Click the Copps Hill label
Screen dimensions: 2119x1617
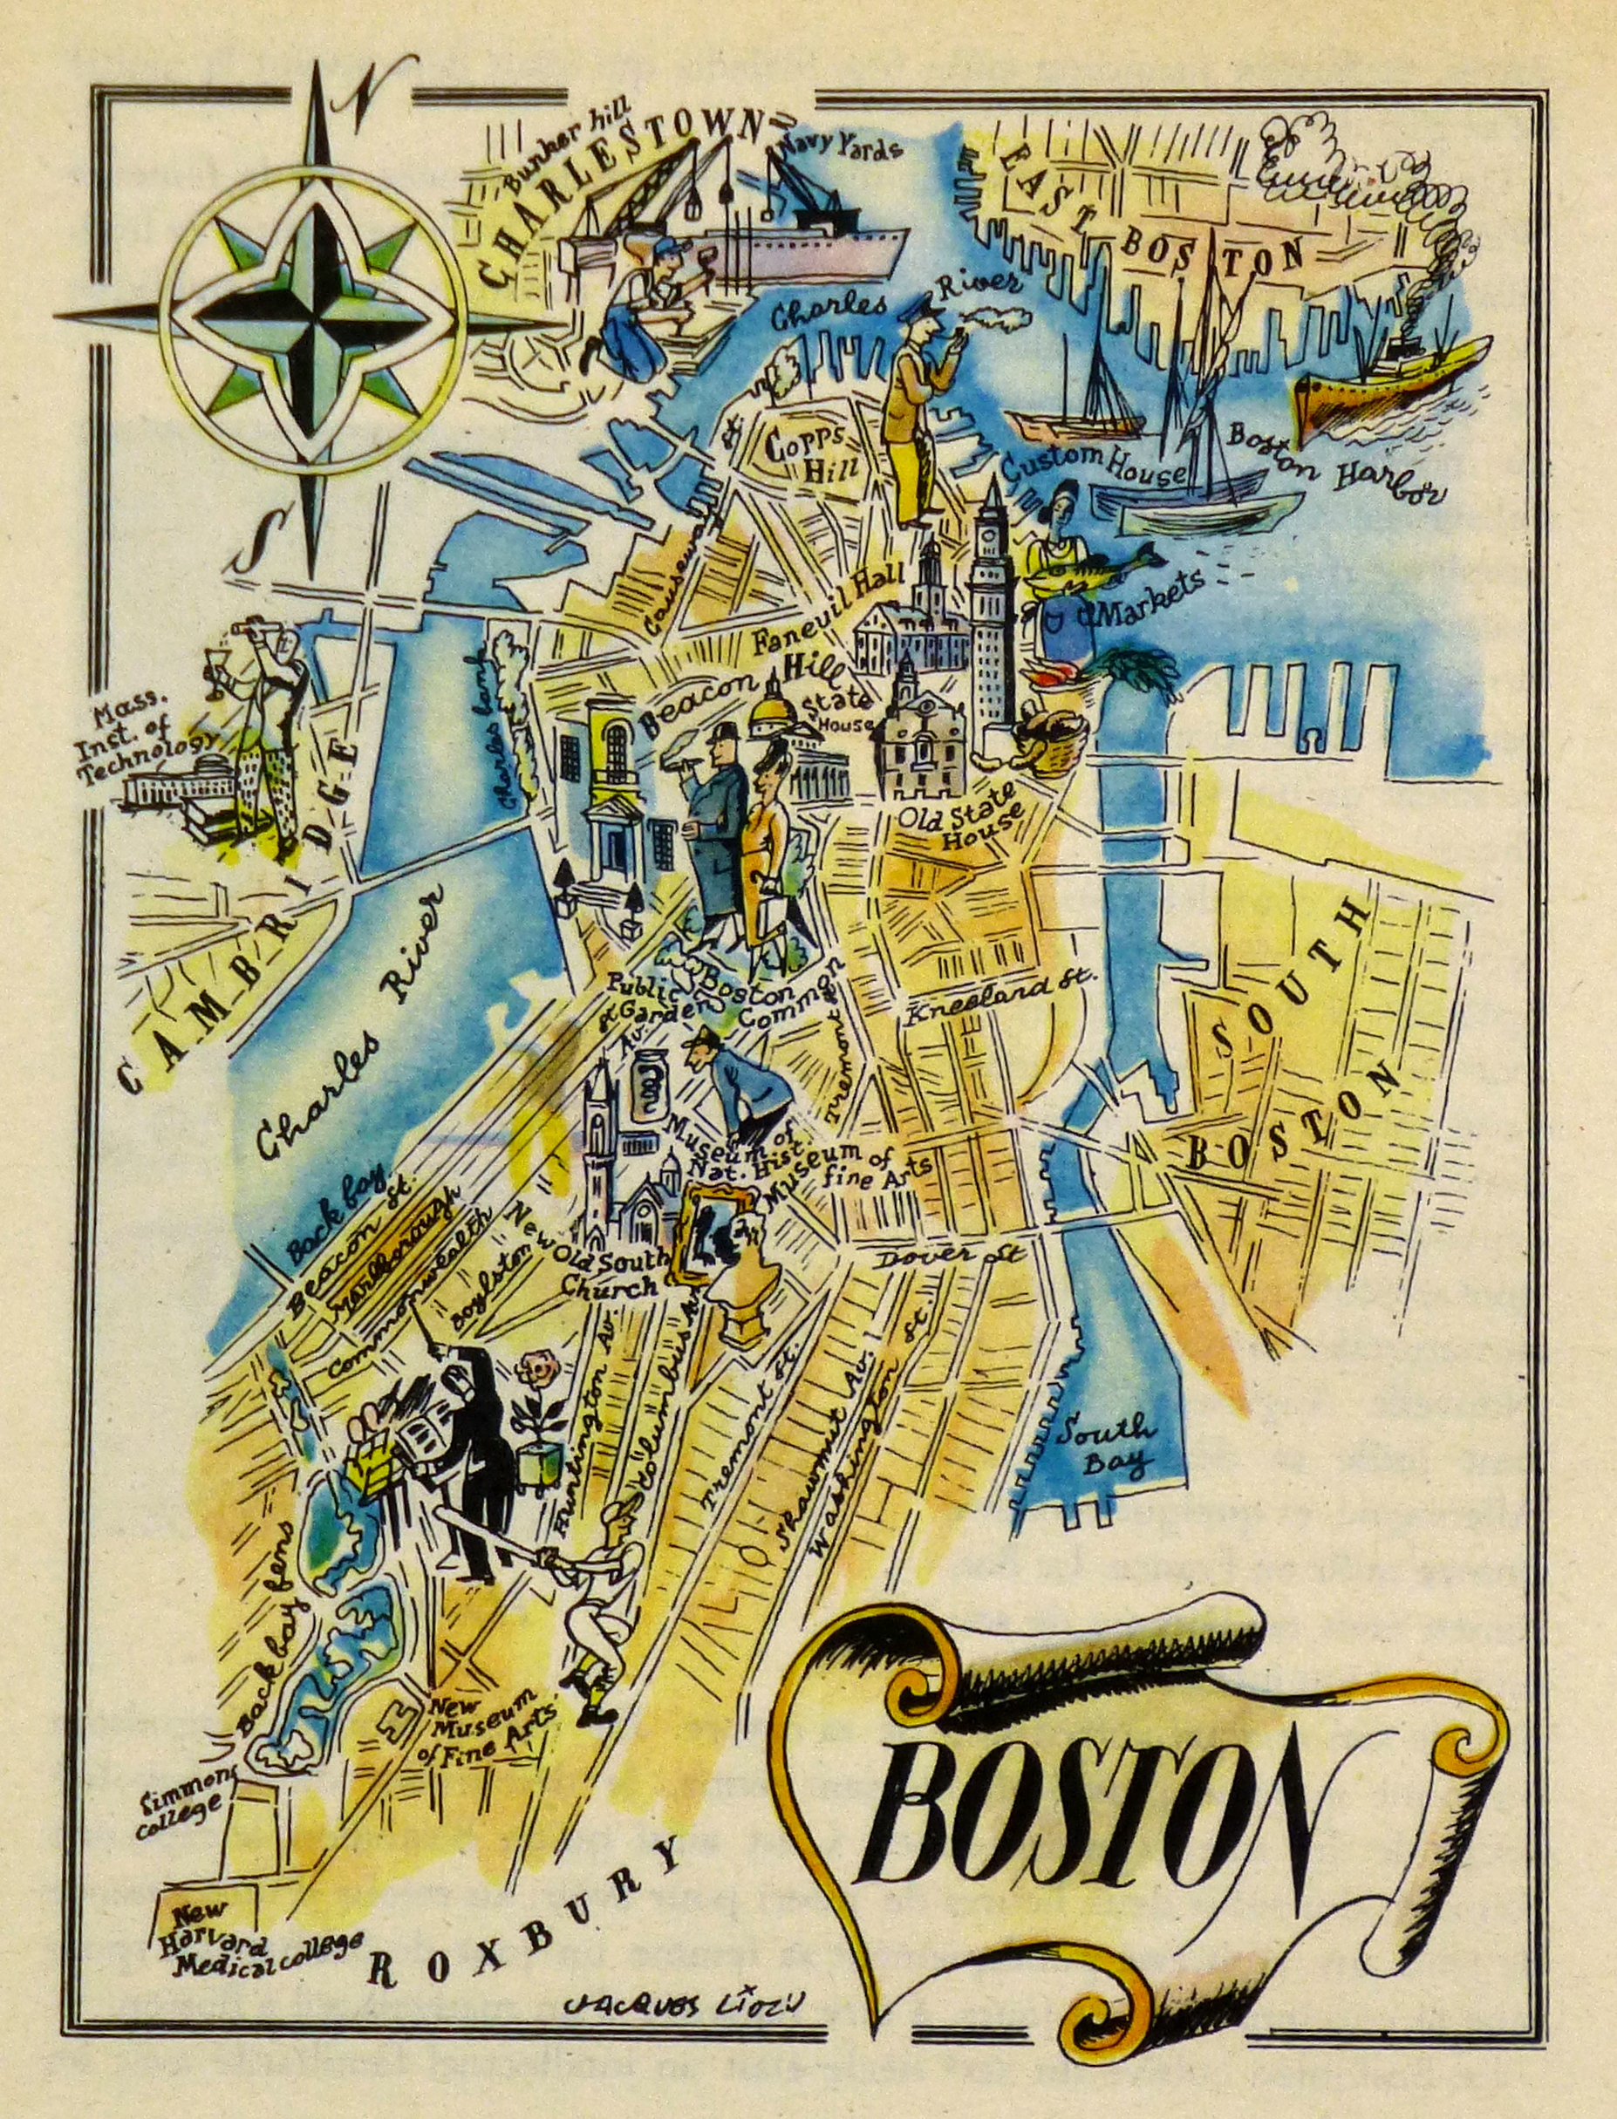[x=806, y=456]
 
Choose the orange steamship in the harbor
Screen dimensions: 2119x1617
[x=1386, y=385]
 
